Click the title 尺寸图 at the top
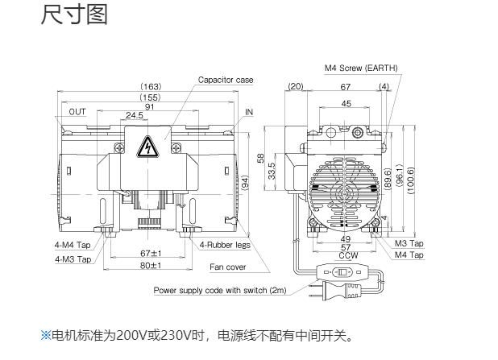click(73, 15)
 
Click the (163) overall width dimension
click(151, 86)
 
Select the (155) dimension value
click(151, 97)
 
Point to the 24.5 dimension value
click(134, 115)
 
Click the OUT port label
click(77, 112)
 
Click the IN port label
click(249, 112)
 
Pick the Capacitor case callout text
click(226, 80)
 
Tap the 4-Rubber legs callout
click(225, 245)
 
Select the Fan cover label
click(228, 267)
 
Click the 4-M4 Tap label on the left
click(73, 245)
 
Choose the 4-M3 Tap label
click(73, 259)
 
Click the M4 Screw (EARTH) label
click(361, 68)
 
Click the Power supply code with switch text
click(220, 290)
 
